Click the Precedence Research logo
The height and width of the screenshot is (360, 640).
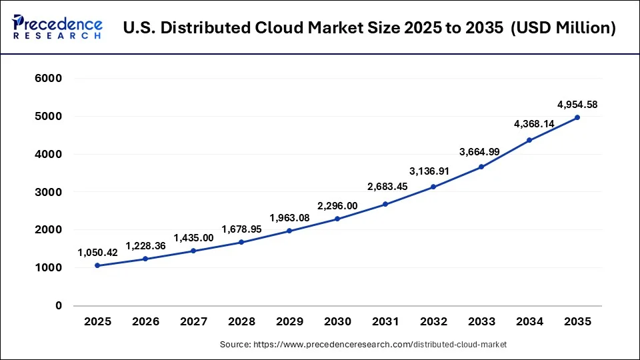point(57,27)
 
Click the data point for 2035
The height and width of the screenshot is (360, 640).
point(577,117)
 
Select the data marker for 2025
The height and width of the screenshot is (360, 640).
point(97,265)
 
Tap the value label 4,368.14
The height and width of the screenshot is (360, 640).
point(529,123)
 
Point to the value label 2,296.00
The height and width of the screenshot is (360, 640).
point(337,207)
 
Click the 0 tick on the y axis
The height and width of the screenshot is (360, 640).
point(59,305)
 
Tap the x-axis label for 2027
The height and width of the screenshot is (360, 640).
point(193,321)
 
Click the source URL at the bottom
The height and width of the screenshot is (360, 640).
point(363,345)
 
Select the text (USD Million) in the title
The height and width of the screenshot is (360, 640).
point(563,28)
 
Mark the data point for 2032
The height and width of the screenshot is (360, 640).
point(433,187)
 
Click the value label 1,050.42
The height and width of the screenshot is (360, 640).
point(99,252)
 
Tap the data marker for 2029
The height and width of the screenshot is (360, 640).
point(289,231)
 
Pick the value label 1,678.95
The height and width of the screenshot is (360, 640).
point(241,229)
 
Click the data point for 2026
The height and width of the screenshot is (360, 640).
point(145,259)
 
